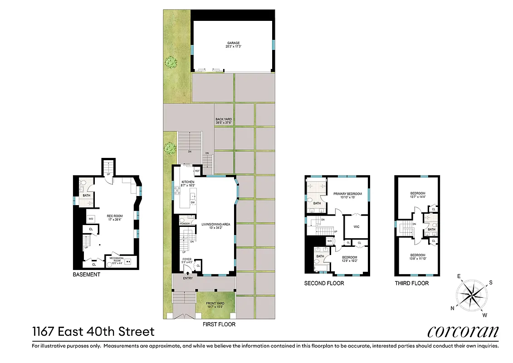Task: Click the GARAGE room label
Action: pyautogui.click(x=233, y=43)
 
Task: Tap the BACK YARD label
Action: pyautogui.click(x=224, y=119)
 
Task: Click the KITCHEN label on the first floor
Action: pyautogui.click(x=187, y=182)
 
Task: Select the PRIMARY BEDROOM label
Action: pyautogui.click(x=347, y=194)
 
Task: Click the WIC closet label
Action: pyautogui.click(x=356, y=226)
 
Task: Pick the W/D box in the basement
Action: pyautogui.click(x=91, y=219)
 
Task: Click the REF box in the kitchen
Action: pyautogui.click(x=197, y=171)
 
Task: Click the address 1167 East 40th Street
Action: pyautogui.click(x=93, y=331)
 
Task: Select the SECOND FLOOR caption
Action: pyautogui.click(x=324, y=283)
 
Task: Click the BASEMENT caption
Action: pyautogui.click(x=87, y=275)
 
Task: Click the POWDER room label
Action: pyautogui.click(x=185, y=224)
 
